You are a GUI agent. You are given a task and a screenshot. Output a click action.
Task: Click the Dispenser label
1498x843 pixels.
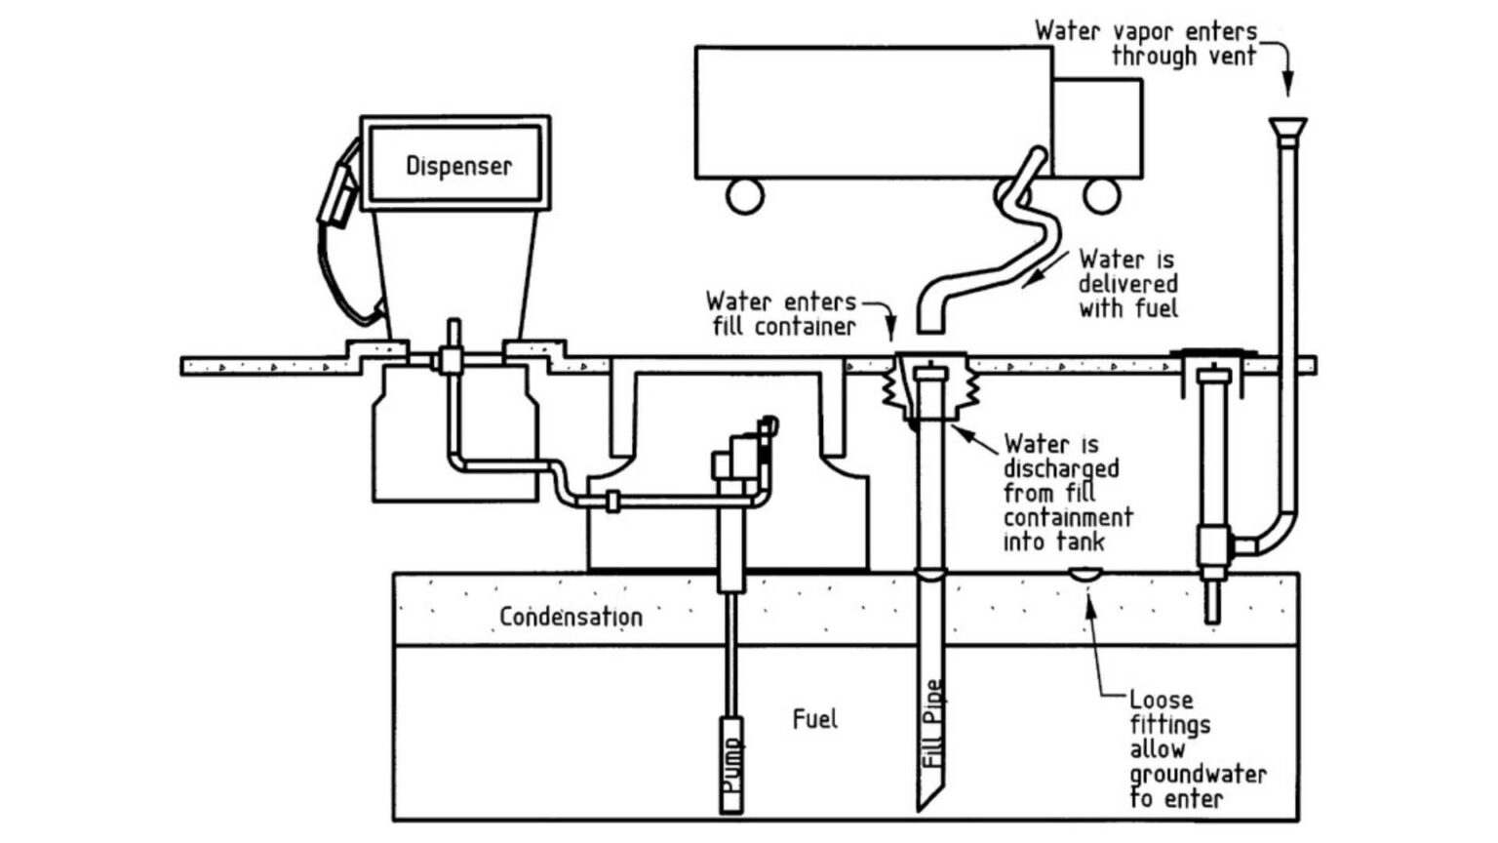pos(458,166)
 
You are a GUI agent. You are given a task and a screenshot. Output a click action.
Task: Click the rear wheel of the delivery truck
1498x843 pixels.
pos(744,195)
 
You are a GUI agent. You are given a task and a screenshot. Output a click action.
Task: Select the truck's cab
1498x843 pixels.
pos(1097,127)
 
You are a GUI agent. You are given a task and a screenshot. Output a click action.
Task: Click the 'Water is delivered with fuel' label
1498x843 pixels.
pos(1128,284)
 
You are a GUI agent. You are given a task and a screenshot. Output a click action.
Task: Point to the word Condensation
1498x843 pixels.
pos(571,617)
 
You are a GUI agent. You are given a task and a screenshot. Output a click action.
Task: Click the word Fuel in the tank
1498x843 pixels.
pos(814,720)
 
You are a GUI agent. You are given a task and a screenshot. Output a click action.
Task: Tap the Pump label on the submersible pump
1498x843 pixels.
pos(731,766)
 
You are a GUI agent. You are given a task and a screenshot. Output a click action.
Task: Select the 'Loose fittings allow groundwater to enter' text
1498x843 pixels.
pos(1196,749)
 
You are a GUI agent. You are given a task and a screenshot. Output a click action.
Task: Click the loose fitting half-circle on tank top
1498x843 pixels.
pos(1085,576)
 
